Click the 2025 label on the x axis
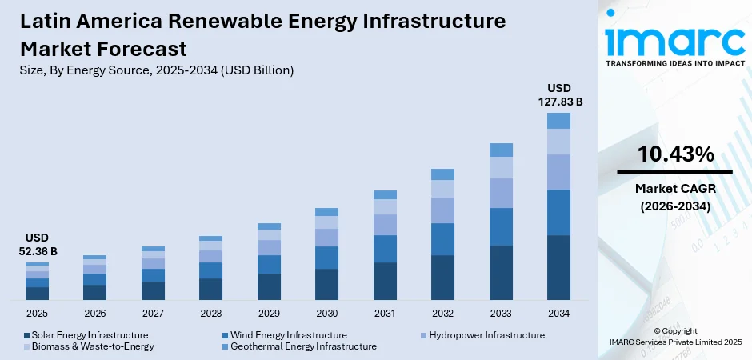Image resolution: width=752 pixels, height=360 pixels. (37, 313)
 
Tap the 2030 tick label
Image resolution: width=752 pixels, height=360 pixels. (326, 313)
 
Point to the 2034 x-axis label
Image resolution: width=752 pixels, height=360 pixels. (558, 313)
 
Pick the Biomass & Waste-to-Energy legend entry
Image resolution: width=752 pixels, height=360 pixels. (92, 346)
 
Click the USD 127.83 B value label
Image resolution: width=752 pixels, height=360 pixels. (558, 94)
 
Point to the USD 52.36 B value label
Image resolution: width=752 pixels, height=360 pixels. (37, 245)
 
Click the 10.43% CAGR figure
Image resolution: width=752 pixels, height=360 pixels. (674, 155)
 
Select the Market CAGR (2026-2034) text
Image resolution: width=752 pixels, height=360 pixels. (674, 197)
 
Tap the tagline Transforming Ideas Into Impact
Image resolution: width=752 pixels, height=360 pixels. (674, 62)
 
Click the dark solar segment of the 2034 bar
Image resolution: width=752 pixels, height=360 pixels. (558, 267)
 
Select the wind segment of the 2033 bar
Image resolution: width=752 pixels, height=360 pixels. (501, 226)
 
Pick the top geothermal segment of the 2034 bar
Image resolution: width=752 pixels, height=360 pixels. (558, 121)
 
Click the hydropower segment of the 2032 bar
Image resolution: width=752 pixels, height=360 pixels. (442, 210)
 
